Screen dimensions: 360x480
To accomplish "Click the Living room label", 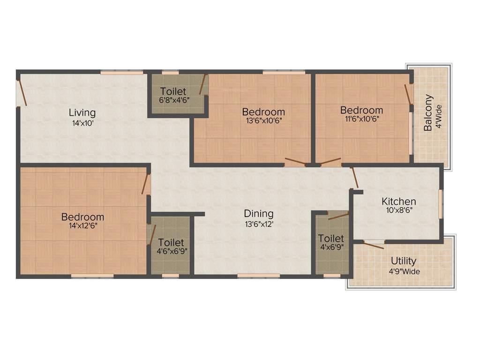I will click(x=82, y=112).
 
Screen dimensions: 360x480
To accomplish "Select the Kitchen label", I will click(x=398, y=202).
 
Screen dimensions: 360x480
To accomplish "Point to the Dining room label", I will click(x=258, y=214).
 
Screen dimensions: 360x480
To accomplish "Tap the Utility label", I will click(x=403, y=261).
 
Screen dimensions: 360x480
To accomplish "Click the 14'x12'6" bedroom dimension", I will click(x=82, y=226).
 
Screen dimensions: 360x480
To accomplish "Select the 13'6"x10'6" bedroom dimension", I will click(x=263, y=120).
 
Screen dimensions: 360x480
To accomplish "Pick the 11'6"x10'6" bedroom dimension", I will click(x=361, y=119).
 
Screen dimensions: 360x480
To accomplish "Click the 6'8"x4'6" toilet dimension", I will click(x=172, y=99).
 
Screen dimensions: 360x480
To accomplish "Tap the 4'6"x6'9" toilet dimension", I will click(x=171, y=251).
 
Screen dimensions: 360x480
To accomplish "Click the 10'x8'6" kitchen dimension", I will click(x=398, y=210).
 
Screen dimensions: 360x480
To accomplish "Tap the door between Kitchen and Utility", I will click(x=374, y=244).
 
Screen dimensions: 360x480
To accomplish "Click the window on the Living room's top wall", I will click(x=121, y=73).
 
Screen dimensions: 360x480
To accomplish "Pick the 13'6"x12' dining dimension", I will click(x=258, y=224).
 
